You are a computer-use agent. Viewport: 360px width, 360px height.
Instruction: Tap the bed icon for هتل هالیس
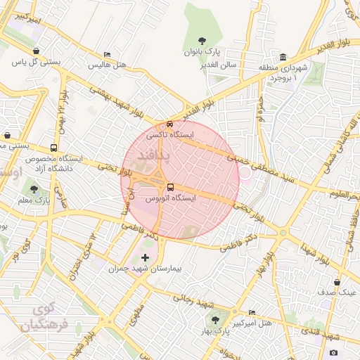107,55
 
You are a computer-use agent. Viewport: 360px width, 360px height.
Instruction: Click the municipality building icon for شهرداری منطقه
283,57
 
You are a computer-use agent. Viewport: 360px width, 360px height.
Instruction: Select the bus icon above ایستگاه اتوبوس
171,188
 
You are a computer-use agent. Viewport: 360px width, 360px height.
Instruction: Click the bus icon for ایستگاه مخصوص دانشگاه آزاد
54,148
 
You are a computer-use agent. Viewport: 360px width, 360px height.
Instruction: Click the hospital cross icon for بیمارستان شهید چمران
146,258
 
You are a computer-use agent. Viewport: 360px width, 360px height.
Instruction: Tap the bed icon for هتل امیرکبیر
252,313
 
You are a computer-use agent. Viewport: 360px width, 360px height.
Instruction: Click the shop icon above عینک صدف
337,283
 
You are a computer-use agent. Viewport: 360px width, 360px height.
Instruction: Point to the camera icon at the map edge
333,352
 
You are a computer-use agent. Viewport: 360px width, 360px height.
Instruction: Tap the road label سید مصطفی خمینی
264,171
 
